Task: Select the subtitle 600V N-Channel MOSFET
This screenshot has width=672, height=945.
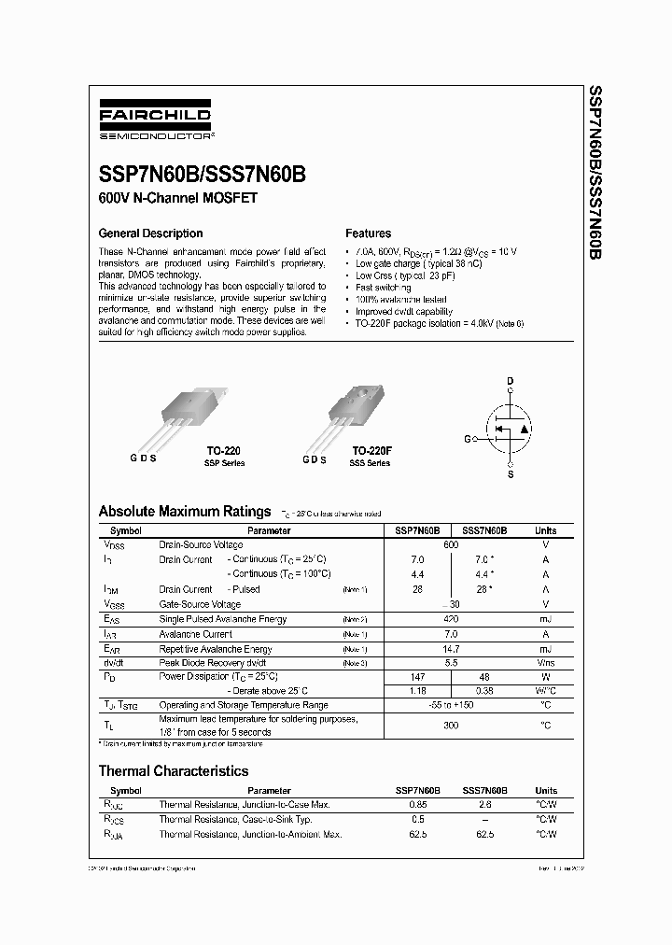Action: pos(177,199)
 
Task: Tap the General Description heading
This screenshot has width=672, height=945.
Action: pos(150,233)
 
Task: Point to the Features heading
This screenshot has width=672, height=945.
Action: pos(368,233)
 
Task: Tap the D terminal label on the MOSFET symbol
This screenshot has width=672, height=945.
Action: pos(510,381)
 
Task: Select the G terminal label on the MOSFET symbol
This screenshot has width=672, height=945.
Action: pos(468,437)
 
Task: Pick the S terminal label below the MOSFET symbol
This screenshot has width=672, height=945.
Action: pos(510,475)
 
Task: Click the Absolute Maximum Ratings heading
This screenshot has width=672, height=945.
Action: pos(185,512)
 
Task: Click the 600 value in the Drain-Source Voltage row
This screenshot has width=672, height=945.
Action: pos(451,544)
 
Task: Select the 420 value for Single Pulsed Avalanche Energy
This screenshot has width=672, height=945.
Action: pos(451,619)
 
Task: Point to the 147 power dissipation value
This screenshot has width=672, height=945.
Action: pos(418,675)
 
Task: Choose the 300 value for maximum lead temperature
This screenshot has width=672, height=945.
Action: pos(451,725)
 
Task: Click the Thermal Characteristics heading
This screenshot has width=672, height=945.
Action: pos(174,771)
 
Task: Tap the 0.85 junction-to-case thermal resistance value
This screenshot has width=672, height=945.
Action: pos(418,804)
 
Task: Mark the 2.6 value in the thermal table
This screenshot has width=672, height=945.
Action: pos(484,804)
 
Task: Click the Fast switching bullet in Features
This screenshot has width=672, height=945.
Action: pos(384,288)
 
